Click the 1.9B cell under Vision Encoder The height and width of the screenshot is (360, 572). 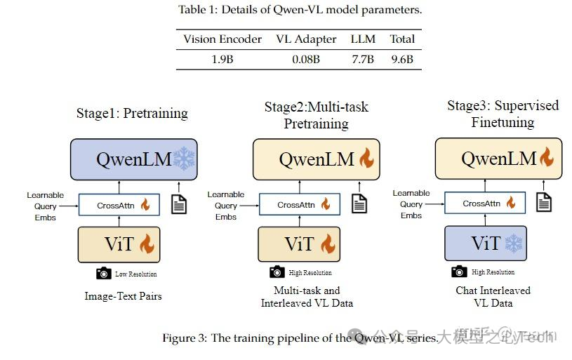[222, 60]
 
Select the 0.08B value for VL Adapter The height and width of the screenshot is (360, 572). [306, 60]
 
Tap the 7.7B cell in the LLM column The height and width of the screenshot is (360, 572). [363, 60]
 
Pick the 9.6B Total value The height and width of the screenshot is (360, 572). [402, 60]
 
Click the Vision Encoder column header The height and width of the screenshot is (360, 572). [222, 39]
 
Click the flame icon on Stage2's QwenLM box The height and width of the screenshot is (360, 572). [366, 159]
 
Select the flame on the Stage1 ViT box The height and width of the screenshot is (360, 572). [147, 245]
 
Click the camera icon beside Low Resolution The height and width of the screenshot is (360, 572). [104, 274]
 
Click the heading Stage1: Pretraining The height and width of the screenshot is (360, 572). [132, 113]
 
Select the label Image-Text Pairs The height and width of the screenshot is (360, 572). [123, 296]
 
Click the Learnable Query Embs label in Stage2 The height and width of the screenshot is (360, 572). [226, 206]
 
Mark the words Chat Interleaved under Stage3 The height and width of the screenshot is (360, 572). [493, 291]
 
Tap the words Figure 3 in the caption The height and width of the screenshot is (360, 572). [185, 338]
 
